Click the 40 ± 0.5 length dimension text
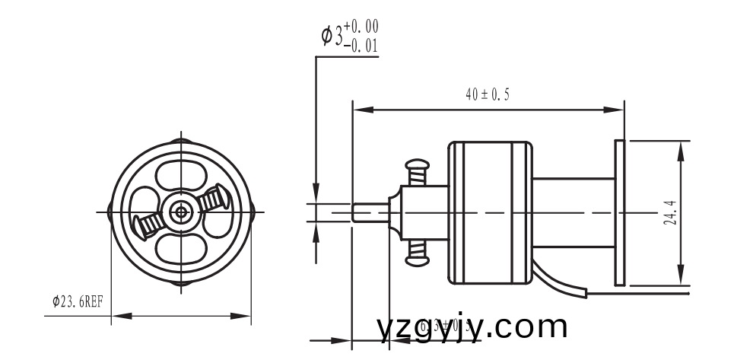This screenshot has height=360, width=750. point(487,94)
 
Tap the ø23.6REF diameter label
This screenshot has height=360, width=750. point(78,301)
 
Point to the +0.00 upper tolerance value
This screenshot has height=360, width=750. point(361,28)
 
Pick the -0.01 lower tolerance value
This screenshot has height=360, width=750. point(361,45)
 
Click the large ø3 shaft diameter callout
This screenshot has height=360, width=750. point(332,35)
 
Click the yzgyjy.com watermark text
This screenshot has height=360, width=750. point(472,327)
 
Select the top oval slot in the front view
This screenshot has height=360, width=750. point(181,177)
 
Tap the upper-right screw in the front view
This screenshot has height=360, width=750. point(215,198)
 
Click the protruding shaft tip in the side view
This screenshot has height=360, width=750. point(371,212)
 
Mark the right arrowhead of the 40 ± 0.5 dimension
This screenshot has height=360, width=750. point(618,110)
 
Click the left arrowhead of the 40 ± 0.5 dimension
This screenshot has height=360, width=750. point(358,110)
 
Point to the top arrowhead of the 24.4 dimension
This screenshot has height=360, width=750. point(679,146)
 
